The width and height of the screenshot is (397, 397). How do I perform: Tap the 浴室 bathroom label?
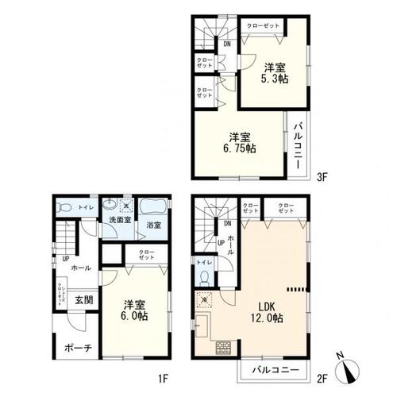pos(153,225)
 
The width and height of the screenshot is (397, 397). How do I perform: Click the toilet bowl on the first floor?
pos(65,207)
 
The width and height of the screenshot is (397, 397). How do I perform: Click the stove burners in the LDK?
pos(223,347)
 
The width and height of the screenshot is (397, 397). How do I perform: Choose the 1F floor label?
pos(175,379)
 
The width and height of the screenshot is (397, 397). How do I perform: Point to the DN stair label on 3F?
pos(227,44)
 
